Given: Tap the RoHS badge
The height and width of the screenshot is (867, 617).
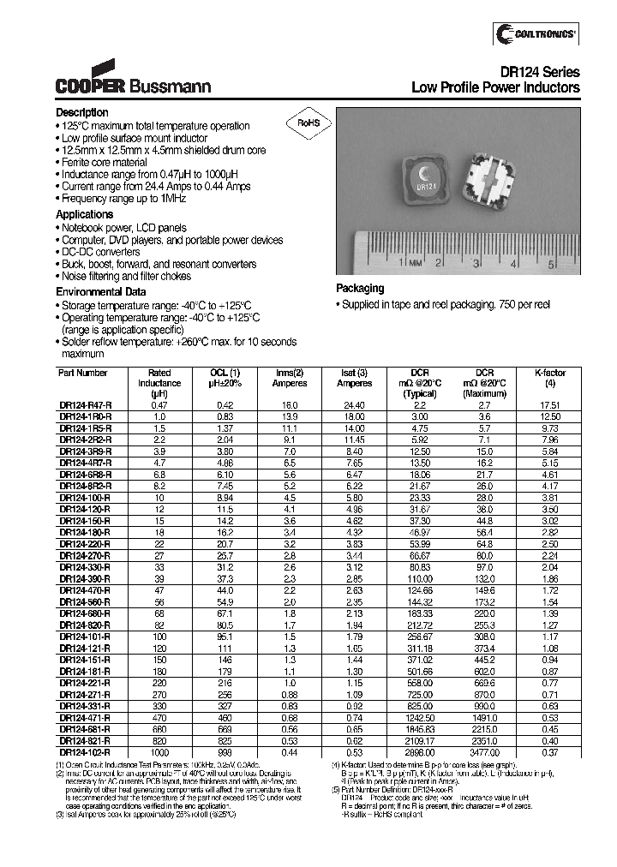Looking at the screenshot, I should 308,123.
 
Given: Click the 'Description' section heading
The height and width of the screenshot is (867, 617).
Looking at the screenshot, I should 82,113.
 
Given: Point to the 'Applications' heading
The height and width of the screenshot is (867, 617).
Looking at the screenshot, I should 85,214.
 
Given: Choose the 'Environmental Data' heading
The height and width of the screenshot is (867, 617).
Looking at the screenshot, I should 101,292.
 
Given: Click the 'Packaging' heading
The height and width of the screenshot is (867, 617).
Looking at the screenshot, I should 360,289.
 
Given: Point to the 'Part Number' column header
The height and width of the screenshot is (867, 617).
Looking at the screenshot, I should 83,374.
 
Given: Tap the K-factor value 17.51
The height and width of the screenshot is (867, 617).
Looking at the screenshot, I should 550,404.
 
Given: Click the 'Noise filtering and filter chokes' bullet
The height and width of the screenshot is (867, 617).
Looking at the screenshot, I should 127,277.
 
